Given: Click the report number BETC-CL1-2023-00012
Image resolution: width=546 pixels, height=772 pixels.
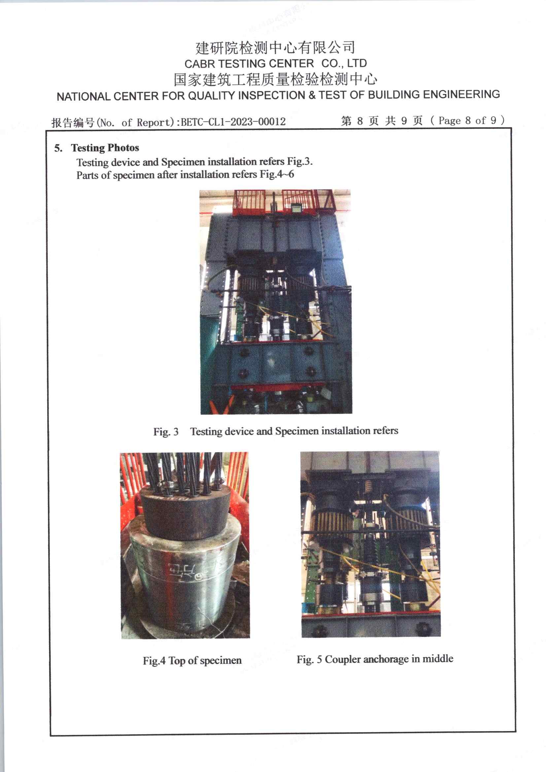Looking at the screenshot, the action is coord(233,122).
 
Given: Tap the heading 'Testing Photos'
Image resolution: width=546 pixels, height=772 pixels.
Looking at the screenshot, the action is coord(105,148).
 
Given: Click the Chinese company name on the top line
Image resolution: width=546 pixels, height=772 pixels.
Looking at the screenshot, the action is coord(275,48).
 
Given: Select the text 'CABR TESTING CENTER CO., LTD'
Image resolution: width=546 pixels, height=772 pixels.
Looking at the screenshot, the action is coord(275,63).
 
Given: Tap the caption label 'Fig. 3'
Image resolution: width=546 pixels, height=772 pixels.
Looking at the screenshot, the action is coord(166,431).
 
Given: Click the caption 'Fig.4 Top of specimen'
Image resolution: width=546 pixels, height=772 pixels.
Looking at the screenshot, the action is coord(192,660).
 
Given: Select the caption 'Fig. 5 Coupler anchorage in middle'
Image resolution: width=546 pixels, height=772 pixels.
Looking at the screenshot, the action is coord(375,659).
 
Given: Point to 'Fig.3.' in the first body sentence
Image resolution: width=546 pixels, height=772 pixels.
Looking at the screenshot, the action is coord(299,161).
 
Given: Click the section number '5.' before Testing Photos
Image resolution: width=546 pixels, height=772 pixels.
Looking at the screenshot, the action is coord(58,148).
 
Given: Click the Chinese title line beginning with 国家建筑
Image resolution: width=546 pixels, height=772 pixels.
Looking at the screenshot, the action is coord(275,79).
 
